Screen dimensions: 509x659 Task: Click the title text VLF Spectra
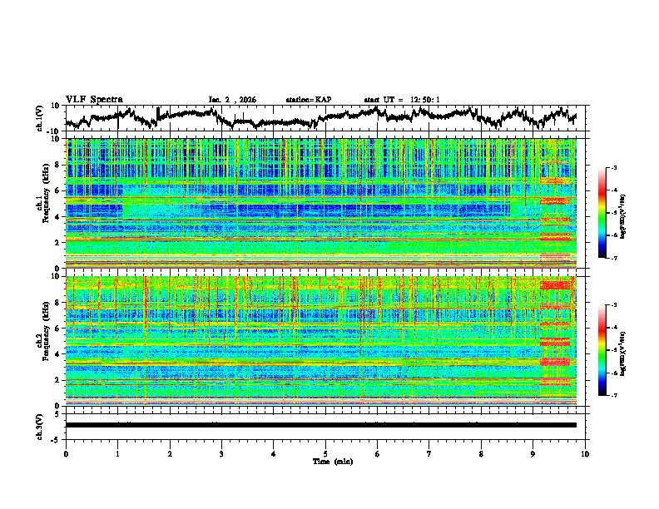pyautogui.click(x=94, y=99)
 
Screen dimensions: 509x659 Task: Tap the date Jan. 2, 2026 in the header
pyautogui.click(x=232, y=100)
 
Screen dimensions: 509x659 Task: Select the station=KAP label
pyautogui.click(x=308, y=100)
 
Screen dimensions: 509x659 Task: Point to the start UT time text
pyautogui.click(x=402, y=100)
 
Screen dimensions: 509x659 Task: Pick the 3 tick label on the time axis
pyautogui.click(x=221, y=453)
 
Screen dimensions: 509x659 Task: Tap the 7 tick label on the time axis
pyautogui.click(x=429, y=453)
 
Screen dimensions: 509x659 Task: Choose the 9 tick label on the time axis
pyautogui.click(x=533, y=453)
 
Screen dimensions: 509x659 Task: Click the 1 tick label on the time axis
pyautogui.click(x=117, y=453)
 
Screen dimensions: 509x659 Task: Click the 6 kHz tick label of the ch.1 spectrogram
pyautogui.click(x=59, y=190)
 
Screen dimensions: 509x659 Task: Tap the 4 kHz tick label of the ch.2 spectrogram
pyautogui.click(x=59, y=353)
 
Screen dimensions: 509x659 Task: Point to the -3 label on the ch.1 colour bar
pyautogui.click(x=614, y=169)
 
